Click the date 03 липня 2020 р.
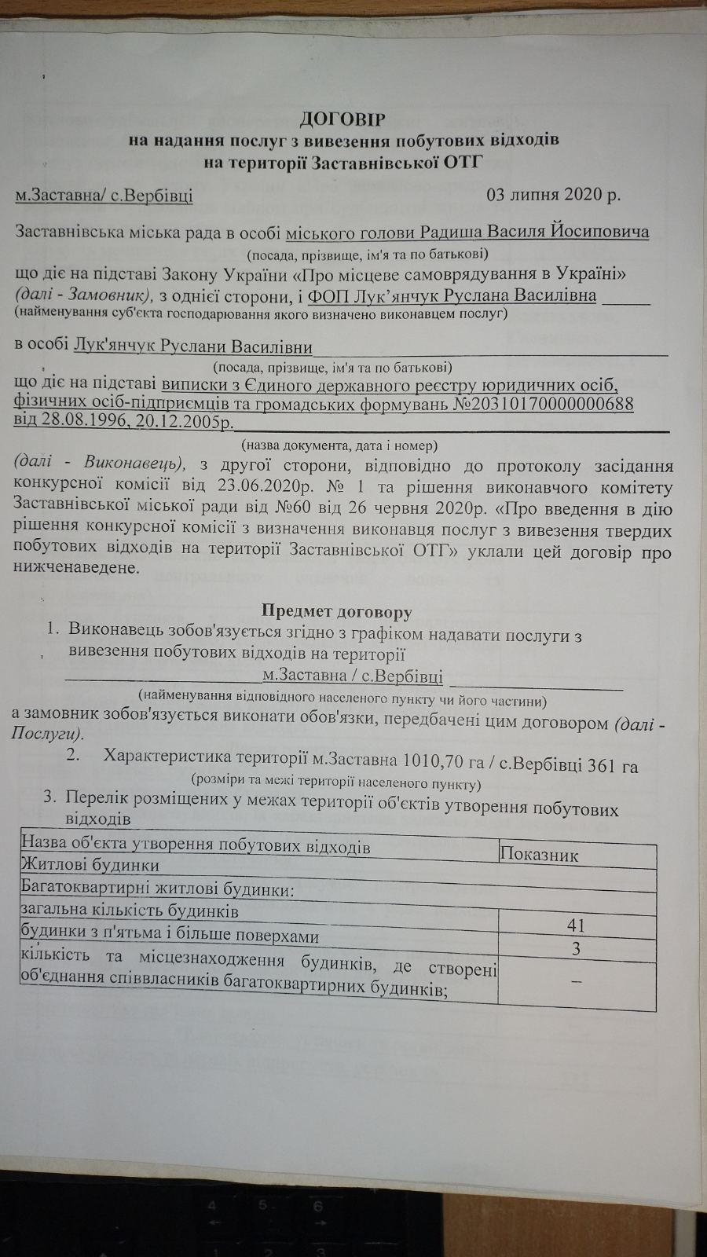click(554, 195)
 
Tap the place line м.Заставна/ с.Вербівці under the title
click(104, 196)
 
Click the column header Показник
click(539, 855)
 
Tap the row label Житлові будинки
click(90, 865)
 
